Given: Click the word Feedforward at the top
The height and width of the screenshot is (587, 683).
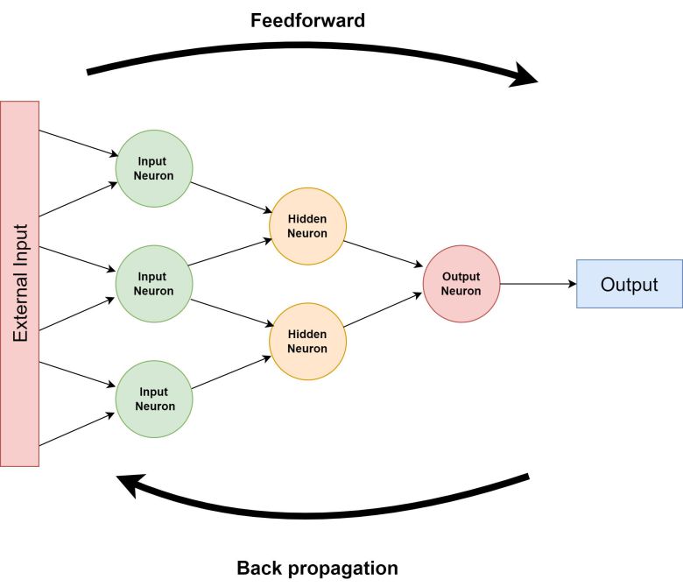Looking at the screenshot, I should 307,20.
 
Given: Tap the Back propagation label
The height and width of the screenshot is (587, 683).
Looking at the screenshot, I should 317,568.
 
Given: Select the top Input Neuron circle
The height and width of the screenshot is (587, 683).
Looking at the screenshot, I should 154,168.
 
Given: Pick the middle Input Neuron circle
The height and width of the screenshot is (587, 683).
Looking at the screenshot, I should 154,283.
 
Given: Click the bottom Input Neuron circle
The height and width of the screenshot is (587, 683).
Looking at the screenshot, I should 154,399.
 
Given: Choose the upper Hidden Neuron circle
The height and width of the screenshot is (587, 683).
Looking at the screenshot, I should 307,226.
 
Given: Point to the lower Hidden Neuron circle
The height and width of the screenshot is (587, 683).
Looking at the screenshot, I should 307,341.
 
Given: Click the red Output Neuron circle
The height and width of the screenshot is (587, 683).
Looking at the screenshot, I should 461,283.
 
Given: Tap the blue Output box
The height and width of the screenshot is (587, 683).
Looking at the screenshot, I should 629,284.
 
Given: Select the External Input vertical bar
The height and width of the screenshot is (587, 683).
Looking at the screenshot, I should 20,283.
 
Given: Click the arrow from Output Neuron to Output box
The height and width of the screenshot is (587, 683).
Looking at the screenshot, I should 537,284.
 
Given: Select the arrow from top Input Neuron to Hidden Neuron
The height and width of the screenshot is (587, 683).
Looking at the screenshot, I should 231,197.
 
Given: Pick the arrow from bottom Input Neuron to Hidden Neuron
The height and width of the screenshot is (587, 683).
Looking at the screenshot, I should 231,370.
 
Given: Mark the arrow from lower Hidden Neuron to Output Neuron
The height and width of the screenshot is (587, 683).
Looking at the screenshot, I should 384,312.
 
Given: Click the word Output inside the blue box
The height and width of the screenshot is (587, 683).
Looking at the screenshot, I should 629,284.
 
